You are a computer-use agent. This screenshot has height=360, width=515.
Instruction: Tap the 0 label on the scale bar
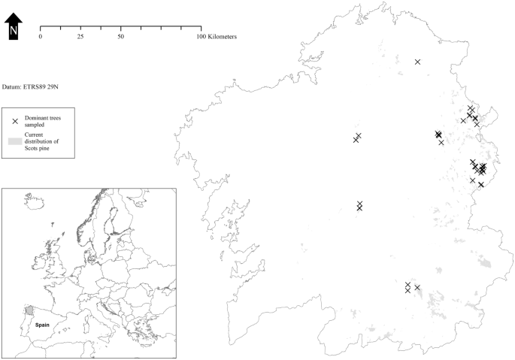pyautogui.click(x=40, y=37)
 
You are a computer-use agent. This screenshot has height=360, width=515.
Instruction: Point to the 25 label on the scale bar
pyautogui.click(x=80, y=37)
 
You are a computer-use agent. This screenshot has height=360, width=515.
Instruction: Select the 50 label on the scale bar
pyautogui.click(x=120, y=37)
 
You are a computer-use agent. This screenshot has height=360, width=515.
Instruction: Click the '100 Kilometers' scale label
pyautogui.click(x=217, y=37)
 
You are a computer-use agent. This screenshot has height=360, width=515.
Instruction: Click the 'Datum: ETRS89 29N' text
pyautogui.click(x=31, y=87)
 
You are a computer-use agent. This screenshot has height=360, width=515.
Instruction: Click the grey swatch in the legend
pyautogui.click(x=15, y=141)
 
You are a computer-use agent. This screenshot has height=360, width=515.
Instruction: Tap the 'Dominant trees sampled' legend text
pyautogui.click(x=44, y=122)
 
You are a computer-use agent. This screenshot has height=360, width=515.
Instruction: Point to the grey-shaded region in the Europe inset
pyautogui.click(x=29, y=310)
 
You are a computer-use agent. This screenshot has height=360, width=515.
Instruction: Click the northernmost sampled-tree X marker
pyautogui.click(x=418, y=62)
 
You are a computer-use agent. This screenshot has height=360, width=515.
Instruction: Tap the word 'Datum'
pyautogui.click(x=13, y=87)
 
